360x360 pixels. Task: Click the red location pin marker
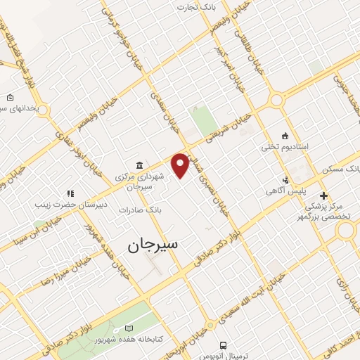click(x=181, y=165)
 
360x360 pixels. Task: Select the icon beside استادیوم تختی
click(x=284, y=136)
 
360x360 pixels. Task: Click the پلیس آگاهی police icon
click(x=285, y=179)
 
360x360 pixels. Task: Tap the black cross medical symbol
click(x=323, y=195)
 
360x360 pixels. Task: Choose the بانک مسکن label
click(x=340, y=170)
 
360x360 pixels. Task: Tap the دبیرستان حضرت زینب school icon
click(x=70, y=193)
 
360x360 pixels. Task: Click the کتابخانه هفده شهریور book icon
click(x=127, y=328)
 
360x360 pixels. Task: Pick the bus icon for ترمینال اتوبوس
click(x=223, y=345)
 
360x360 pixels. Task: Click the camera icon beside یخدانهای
click(x=10, y=98)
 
